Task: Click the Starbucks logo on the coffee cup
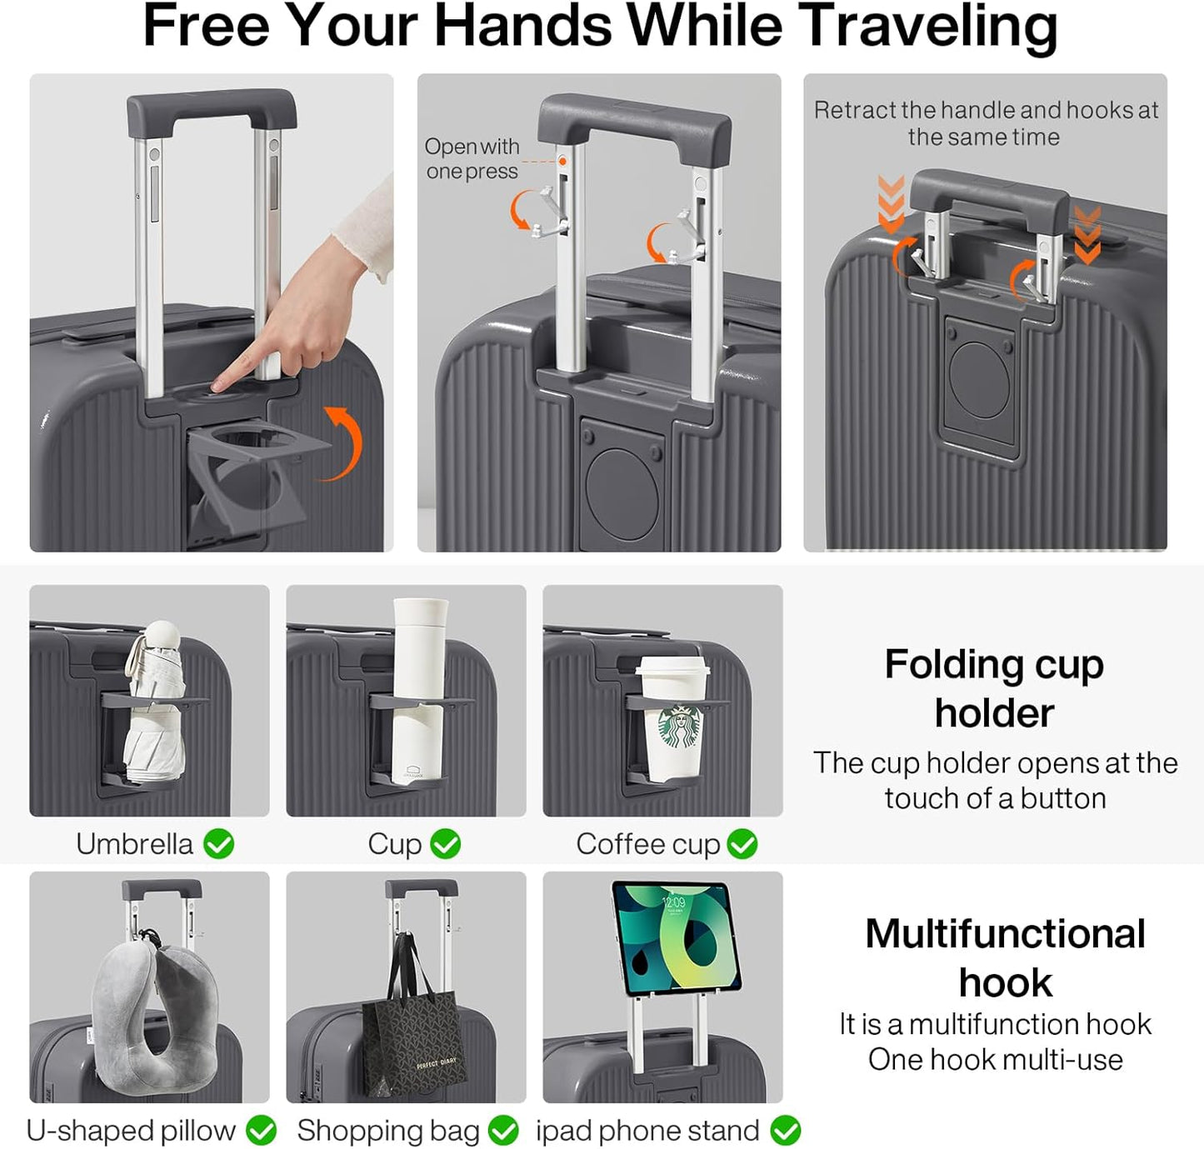point(681,727)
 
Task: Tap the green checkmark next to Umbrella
point(219,844)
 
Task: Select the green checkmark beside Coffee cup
point(742,844)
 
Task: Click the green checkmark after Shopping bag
point(503,1131)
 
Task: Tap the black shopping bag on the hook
point(414,1033)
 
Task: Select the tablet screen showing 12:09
point(676,937)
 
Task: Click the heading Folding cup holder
point(994,688)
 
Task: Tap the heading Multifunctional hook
point(1005,957)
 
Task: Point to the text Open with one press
point(472,158)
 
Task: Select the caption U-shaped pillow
point(131,1131)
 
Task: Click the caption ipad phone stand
point(647,1131)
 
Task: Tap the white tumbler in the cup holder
point(419,692)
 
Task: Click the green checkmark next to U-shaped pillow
point(262,1131)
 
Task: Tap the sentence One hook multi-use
point(995,1060)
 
